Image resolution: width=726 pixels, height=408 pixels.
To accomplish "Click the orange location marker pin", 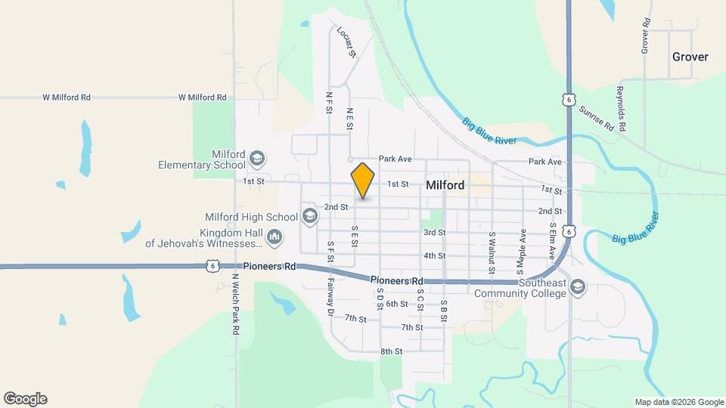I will pos(363,180).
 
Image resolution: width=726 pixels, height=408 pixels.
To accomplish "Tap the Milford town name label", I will pos(445,184).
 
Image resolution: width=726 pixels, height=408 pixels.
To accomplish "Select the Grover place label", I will pos(690,57).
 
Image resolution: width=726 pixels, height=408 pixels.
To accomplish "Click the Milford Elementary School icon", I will pos(256,158).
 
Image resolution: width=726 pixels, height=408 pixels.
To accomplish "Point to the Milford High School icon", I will pos(309,217).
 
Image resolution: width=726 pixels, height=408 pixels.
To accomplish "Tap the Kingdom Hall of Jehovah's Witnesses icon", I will pos(274,238).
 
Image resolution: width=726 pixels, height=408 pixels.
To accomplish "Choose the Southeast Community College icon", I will pos(578,288).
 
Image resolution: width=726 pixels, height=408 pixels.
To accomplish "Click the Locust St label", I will pos(346,42).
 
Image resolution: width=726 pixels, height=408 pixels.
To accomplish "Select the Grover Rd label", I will pos(645,35).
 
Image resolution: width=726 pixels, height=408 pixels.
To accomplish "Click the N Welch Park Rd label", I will pos(235,304).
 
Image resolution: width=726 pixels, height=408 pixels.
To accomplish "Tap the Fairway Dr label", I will pos(330,295).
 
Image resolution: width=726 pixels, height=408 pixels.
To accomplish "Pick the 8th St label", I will pos(391,351).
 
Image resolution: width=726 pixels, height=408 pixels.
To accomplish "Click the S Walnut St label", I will pos(491,253).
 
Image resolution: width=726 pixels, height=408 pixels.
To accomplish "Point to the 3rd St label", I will pos(434,232).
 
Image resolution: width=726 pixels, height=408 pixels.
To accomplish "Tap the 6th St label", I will pos(397,304).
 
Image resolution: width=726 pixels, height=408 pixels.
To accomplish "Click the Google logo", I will pos(25,398).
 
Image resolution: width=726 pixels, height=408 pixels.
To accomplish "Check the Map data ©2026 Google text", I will pos(679,402).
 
